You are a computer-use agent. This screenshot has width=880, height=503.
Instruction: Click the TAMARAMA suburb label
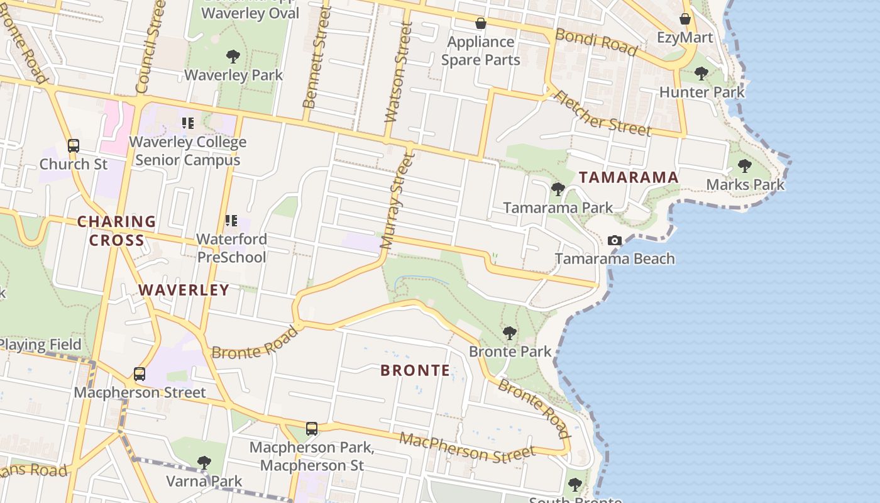point(629,177)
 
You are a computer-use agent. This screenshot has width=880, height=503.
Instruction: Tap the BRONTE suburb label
point(415,370)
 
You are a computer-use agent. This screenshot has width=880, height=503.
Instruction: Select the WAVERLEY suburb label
point(184,290)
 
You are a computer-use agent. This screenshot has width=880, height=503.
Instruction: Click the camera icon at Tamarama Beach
point(615,240)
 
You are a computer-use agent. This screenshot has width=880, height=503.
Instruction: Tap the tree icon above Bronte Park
point(510,333)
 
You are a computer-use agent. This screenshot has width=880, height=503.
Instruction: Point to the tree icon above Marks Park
point(745,166)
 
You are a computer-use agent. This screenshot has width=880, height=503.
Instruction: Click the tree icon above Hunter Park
point(701,74)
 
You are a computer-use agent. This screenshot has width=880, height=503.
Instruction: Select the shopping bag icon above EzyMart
point(685,19)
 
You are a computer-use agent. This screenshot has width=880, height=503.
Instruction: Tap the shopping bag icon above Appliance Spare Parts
point(481,23)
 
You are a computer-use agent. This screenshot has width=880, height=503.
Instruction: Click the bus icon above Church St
point(74,146)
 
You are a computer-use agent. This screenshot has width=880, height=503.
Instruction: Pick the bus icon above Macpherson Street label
point(140,374)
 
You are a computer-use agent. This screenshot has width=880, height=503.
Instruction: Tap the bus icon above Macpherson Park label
point(312,429)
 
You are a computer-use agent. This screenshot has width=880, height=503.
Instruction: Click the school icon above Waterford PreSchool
point(231,221)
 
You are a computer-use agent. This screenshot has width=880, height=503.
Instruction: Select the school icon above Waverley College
point(187,123)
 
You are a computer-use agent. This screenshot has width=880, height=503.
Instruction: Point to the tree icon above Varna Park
point(204,463)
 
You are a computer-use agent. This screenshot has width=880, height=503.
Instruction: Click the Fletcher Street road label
point(602,113)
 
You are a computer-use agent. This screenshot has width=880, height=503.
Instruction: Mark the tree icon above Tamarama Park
point(558,189)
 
